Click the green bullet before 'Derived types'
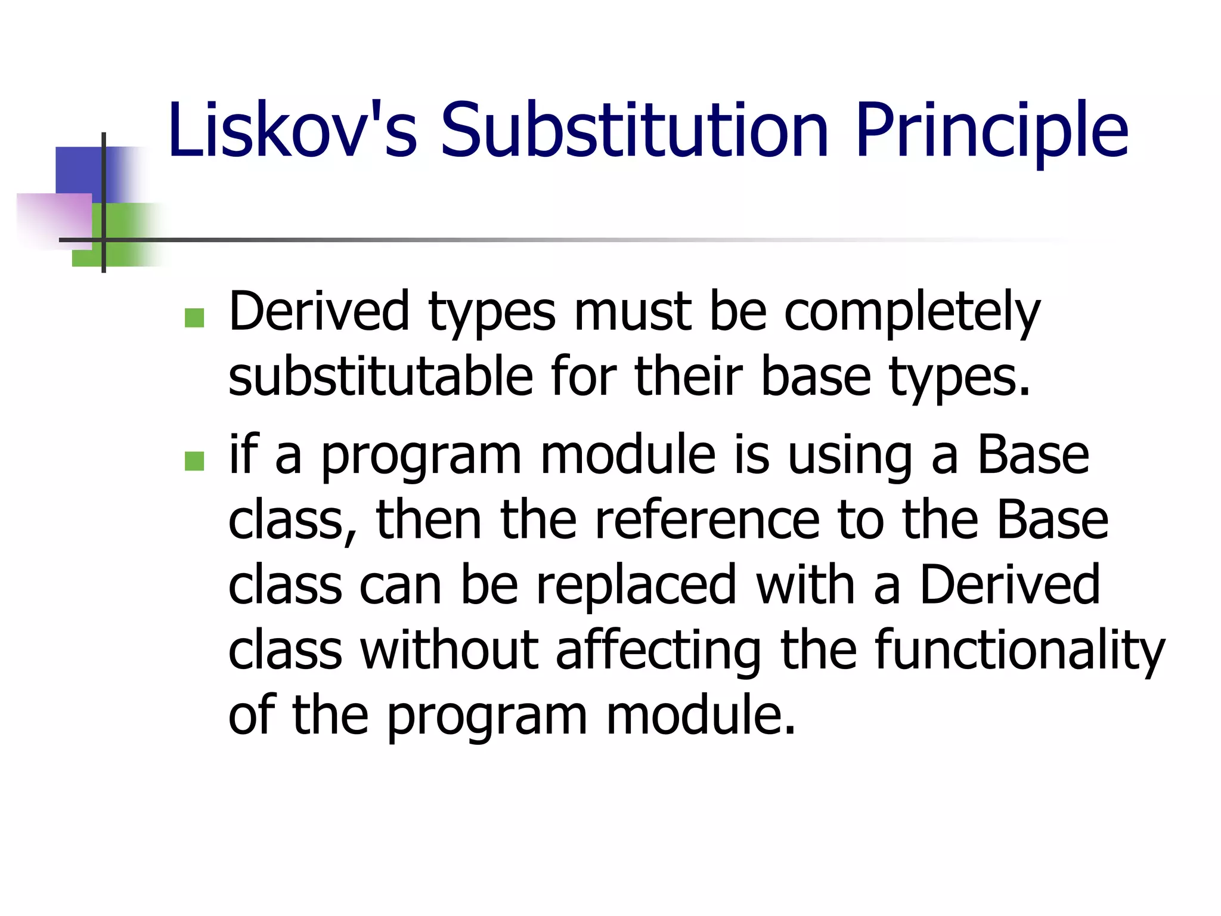pos(194,318)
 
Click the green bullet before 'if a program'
pos(194,461)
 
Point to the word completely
pos(912,313)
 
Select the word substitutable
pos(380,377)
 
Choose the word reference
pos(706,521)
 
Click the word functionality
pos(1019,651)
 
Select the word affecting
pos(658,651)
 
